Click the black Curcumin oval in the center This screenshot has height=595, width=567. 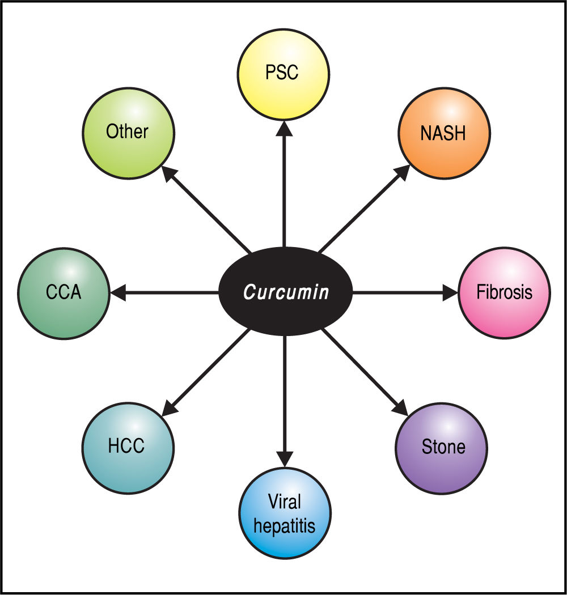[285, 292]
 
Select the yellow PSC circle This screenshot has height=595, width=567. [283, 74]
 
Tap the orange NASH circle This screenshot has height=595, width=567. [443, 134]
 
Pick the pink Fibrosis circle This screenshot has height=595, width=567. [504, 292]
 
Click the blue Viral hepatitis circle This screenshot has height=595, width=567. [285, 513]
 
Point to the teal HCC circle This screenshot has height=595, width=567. [127, 446]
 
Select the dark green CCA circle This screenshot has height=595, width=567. [64, 292]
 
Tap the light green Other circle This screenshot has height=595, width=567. [127, 133]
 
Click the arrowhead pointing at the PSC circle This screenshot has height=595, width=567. [283, 128]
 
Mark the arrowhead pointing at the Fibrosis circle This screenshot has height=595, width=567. [450, 292]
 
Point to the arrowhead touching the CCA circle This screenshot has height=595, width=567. [117, 292]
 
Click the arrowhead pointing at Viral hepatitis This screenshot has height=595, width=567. [285, 458]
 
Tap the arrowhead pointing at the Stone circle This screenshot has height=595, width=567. [400, 407]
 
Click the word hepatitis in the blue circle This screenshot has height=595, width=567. [285, 525]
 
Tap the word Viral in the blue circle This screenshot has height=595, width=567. [285, 501]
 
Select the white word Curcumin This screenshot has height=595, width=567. [286, 293]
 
